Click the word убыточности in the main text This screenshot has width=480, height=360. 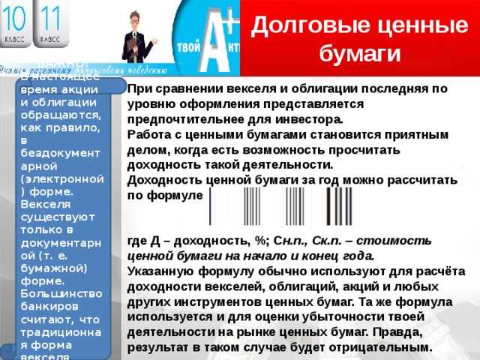[327, 317]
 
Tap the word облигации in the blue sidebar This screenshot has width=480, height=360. [64, 102]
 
